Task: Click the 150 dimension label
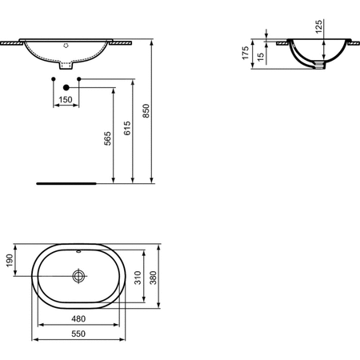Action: coord(66,98)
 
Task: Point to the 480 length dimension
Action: coord(78,317)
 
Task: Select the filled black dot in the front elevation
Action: coord(66,82)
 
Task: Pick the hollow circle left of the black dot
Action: coord(54,82)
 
